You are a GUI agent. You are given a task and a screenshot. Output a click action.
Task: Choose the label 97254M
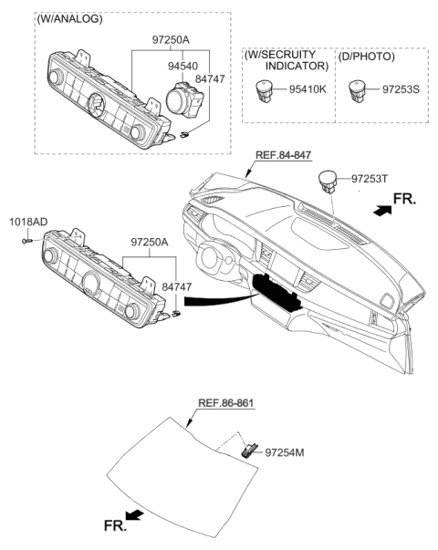pos(289,451)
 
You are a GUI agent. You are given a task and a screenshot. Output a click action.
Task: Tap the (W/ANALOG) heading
pos(69,18)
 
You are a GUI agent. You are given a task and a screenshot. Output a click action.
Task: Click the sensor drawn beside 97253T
pos(329,182)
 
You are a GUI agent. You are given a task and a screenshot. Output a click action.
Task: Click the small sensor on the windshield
pos(248,449)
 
